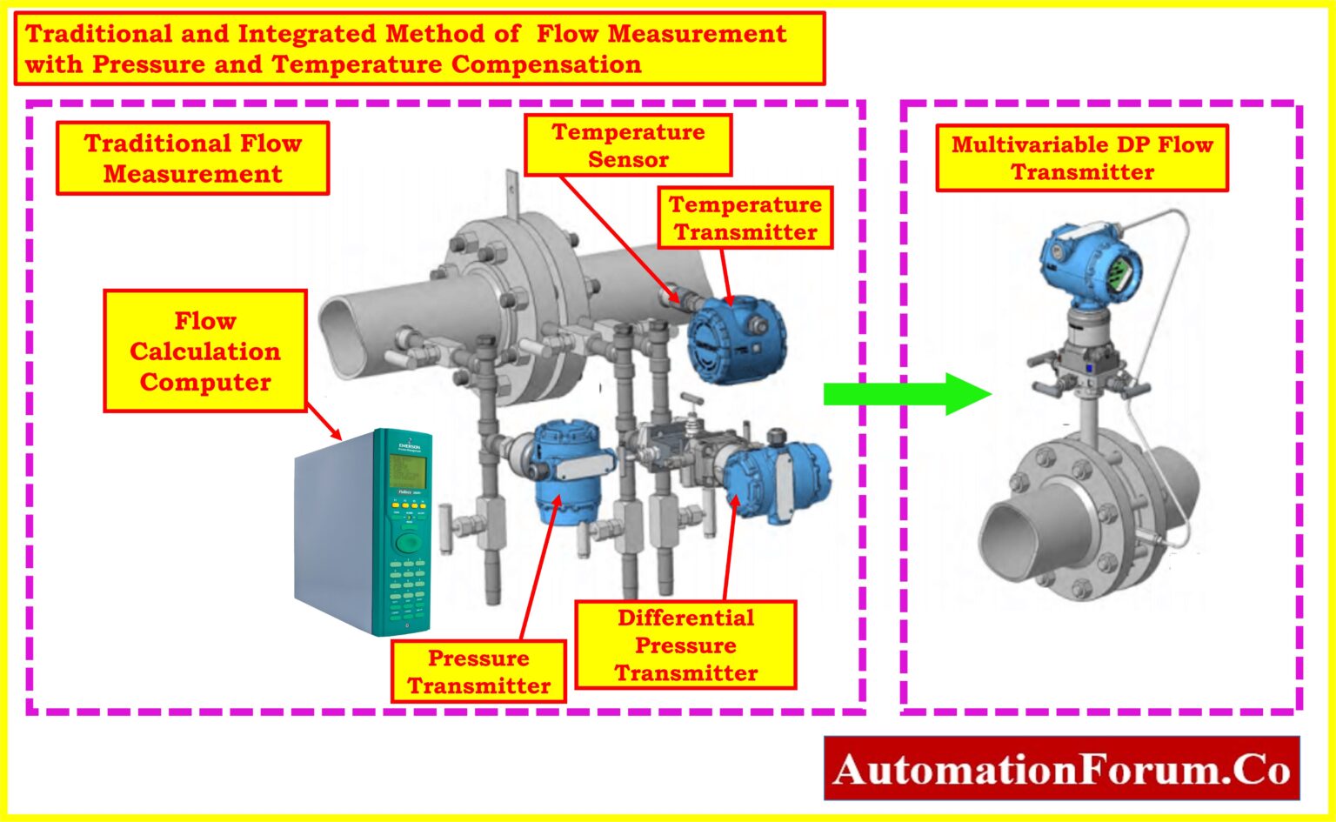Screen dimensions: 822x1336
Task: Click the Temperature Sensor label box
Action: (x=628, y=145)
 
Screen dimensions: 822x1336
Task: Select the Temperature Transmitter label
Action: (x=745, y=217)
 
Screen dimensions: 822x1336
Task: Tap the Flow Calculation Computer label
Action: (x=205, y=351)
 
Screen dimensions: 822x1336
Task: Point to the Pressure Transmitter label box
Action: (x=478, y=672)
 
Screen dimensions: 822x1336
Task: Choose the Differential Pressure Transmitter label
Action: (x=685, y=645)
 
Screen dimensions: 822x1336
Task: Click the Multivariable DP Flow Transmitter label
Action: (x=1082, y=157)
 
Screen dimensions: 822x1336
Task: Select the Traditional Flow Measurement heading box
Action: (x=192, y=157)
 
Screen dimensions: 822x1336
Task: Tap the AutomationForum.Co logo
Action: (x=1061, y=769)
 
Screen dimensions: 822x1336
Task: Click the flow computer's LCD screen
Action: (x=406, y=471)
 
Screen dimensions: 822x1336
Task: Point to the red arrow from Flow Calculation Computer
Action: (x=323, y=424)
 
